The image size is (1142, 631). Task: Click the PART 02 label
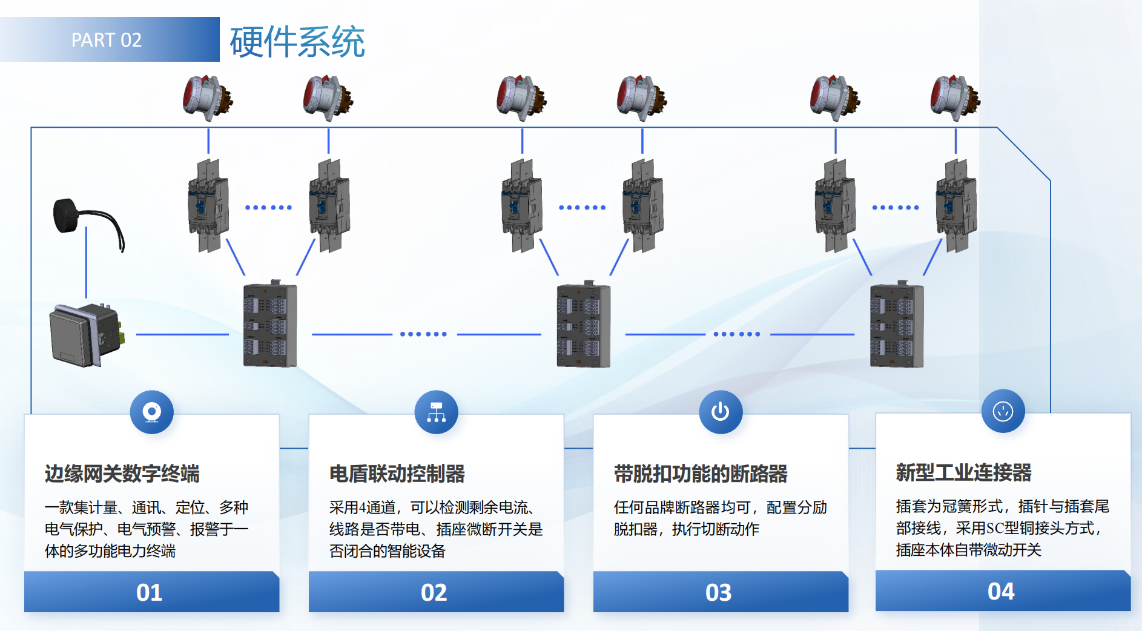point(107,40)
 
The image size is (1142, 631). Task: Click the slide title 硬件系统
point(297,42)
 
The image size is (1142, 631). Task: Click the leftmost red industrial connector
point(207,97)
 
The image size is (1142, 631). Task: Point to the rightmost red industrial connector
point(954,97)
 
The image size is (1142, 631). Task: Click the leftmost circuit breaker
point(208,206)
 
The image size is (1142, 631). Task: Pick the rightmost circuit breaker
point(956,206)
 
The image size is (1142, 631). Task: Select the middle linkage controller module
point(583,325)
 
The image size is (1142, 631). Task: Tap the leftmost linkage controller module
point(270,325)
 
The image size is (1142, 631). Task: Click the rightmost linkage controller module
point(897,325)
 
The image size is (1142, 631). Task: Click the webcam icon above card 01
point(151,412)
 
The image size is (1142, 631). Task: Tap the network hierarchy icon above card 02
point(436,412)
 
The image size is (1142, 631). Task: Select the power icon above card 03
point(720,412)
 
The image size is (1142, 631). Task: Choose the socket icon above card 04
point(1003,411)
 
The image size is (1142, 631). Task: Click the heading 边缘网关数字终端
point(122,474)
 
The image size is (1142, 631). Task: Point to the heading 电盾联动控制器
point(397,474)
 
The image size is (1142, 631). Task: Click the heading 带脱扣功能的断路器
point(701,474)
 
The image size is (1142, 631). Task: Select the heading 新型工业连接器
point(963,472)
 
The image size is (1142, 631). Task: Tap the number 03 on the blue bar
point(719,592)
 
